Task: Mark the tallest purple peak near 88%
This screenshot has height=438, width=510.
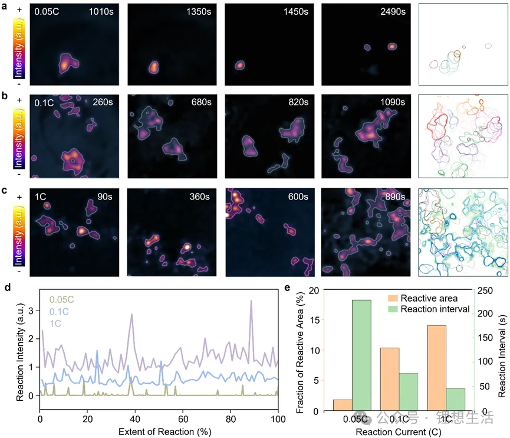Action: (251, 301)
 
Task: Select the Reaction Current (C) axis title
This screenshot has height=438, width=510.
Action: (403, 432)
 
